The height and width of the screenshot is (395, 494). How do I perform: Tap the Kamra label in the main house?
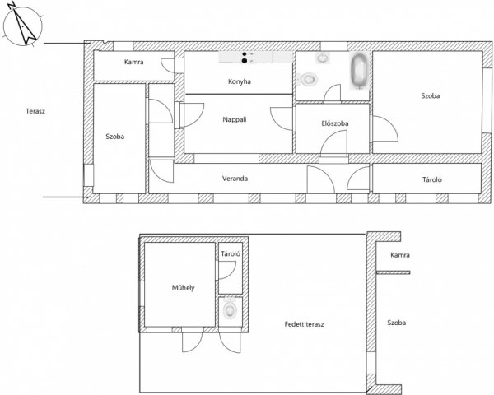click(134, 62)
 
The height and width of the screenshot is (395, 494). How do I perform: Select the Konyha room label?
click(240, 81)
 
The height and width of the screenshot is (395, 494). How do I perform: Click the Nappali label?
click(235, 119)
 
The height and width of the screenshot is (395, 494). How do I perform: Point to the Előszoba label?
click(335, 123)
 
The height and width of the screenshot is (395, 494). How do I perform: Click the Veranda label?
click(235, 179)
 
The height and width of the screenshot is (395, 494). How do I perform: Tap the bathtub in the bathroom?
click(359, 71)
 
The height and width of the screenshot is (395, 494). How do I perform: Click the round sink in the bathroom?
click(323, 58)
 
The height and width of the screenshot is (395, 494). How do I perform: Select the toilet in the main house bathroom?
click(307, 79)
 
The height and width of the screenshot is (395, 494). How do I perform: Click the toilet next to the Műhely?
click(230, 309)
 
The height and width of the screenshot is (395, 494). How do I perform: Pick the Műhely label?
click(183, 287)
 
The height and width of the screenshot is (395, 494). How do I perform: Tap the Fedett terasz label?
click(304, 324)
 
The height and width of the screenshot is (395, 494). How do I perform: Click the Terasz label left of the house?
click(35, 111)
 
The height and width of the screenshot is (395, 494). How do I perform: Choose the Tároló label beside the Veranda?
click(432, 179)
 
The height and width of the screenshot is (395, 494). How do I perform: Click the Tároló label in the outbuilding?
click(231, 254)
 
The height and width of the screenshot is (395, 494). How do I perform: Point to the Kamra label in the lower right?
click(400, 255)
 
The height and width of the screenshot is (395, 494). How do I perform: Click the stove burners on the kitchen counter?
click(245, 58)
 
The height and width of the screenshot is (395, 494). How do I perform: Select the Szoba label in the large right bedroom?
click(431, 95)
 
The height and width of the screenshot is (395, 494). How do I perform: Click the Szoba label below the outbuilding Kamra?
click(396, 323)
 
